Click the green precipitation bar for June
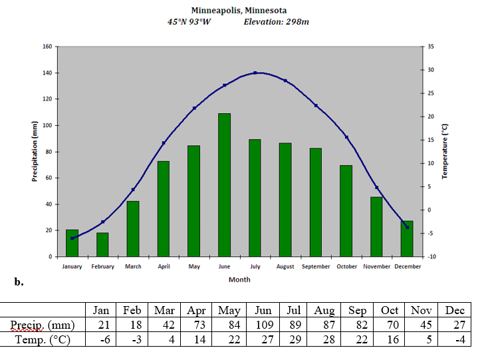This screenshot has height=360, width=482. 224,185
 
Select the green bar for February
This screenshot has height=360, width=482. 102,244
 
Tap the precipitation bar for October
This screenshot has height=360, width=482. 346,211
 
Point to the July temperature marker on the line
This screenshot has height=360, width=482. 255,73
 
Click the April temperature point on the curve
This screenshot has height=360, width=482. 164,143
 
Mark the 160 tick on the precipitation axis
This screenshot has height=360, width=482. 47,47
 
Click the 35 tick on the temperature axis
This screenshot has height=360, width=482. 431,47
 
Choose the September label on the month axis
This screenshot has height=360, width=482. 316,267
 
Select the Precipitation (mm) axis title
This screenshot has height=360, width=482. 35,152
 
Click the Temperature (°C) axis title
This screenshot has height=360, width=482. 445,151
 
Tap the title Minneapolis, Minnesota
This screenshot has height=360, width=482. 239,10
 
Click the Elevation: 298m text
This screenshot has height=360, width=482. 276,21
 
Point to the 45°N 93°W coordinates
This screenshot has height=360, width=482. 189,21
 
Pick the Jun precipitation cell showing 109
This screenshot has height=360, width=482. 263,325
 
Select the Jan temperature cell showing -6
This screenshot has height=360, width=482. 101,340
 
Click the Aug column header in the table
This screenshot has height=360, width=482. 324,310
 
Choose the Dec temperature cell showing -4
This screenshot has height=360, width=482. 455,340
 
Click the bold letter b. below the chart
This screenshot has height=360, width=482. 19,281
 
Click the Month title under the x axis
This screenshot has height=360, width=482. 239,279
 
